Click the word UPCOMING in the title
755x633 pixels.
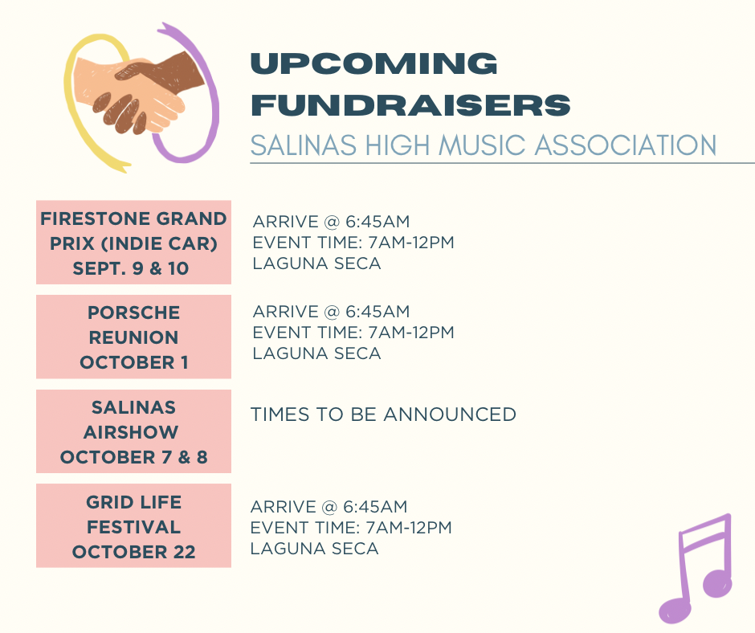374,63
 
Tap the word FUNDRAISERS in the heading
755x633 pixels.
410,105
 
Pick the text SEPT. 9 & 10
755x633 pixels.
130,268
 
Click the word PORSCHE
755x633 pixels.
133,312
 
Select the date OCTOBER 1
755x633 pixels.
134,362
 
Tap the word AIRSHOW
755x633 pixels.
130,432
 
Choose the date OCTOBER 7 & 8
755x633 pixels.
133,457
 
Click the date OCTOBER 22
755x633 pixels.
133,552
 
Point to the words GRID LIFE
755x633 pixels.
133,502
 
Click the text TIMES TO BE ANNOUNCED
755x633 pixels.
383,415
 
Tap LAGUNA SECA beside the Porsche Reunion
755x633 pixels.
316,353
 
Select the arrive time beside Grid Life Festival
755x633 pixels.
329,507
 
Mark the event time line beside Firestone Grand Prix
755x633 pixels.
353,243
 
